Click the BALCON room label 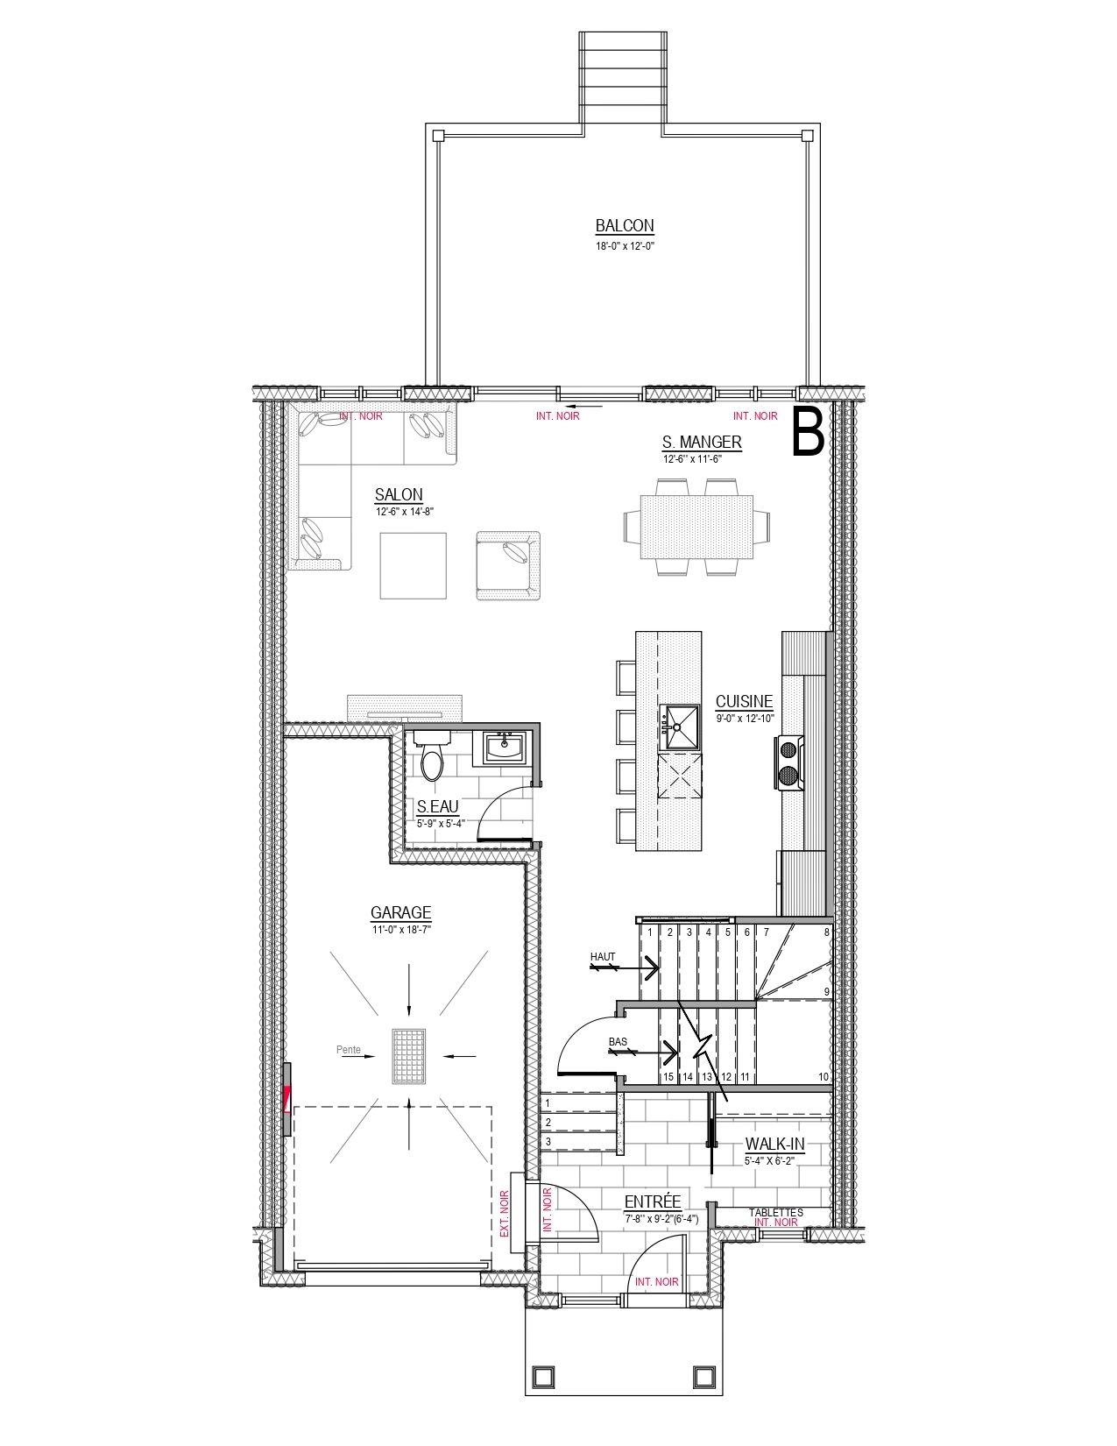[x=625, y=225]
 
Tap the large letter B [x=808, y=433]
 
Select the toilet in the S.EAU [x=433, y=756]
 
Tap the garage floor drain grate [x=408, y=1057]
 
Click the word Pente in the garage [x=349, y=1049]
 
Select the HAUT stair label [x=603, y=957]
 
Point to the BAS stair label [x=618, y=1041]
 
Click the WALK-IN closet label [x=774, y=1144]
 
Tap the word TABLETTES [x=775, y=1212]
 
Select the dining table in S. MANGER [x=696, y=527]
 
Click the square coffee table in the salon [x=414, y=565]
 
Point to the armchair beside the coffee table [x=508, y=565]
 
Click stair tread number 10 [x=824, y=1077]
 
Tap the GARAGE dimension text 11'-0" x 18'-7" [x=401, y=930]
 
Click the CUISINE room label [x=745, y=701]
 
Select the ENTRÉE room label [x=653, y=1201]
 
